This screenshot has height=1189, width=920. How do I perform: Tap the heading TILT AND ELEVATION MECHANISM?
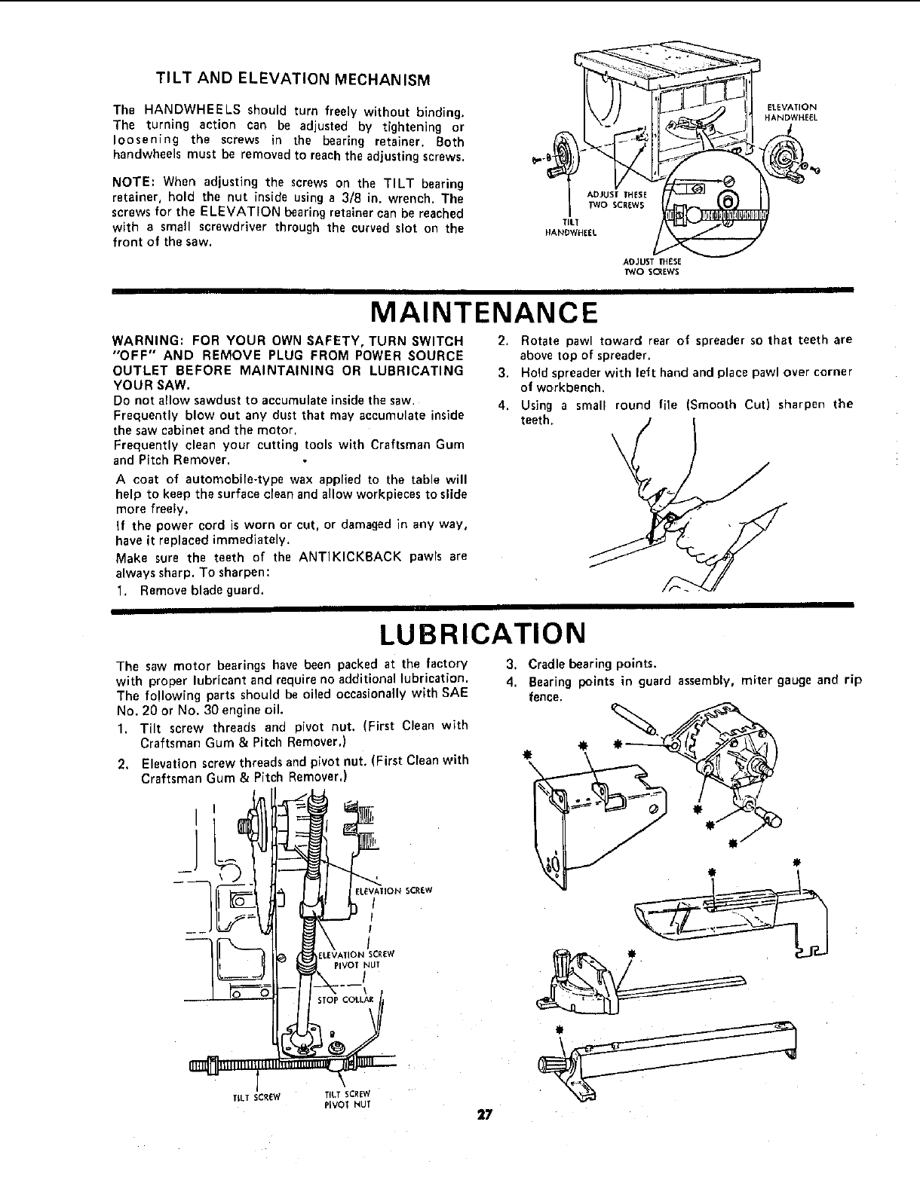pyautogui.click(x=293, y=79)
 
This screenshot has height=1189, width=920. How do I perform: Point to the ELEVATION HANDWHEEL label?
pyautogui.click(x=792, y=112)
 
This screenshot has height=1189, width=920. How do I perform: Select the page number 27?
pyautogui.click(x=483, y=1116)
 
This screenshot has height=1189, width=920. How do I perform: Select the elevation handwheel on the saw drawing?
pyautogui.click(x=781, y=157)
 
